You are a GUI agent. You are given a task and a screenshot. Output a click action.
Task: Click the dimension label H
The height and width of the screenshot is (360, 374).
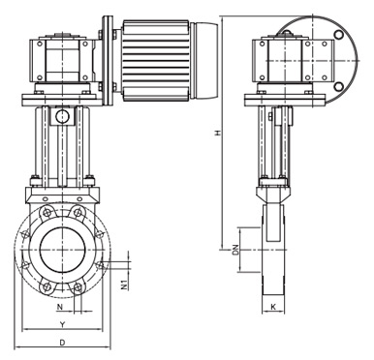click(x=218, y=133)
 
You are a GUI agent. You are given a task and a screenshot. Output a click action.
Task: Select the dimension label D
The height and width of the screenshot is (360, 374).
click(x=63, y=343)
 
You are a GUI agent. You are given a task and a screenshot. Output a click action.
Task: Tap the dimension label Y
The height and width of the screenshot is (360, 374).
click(x=63, y=323)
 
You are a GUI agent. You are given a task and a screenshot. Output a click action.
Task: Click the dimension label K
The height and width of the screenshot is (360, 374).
click(x=273, y=307)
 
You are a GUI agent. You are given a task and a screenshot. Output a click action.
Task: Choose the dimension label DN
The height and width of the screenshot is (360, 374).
click(x=235, y=250)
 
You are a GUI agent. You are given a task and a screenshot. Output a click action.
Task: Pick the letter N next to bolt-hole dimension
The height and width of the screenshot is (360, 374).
click(x=59, y=307)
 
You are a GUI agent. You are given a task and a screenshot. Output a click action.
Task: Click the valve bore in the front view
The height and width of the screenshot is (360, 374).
click(x=63, y=250)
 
